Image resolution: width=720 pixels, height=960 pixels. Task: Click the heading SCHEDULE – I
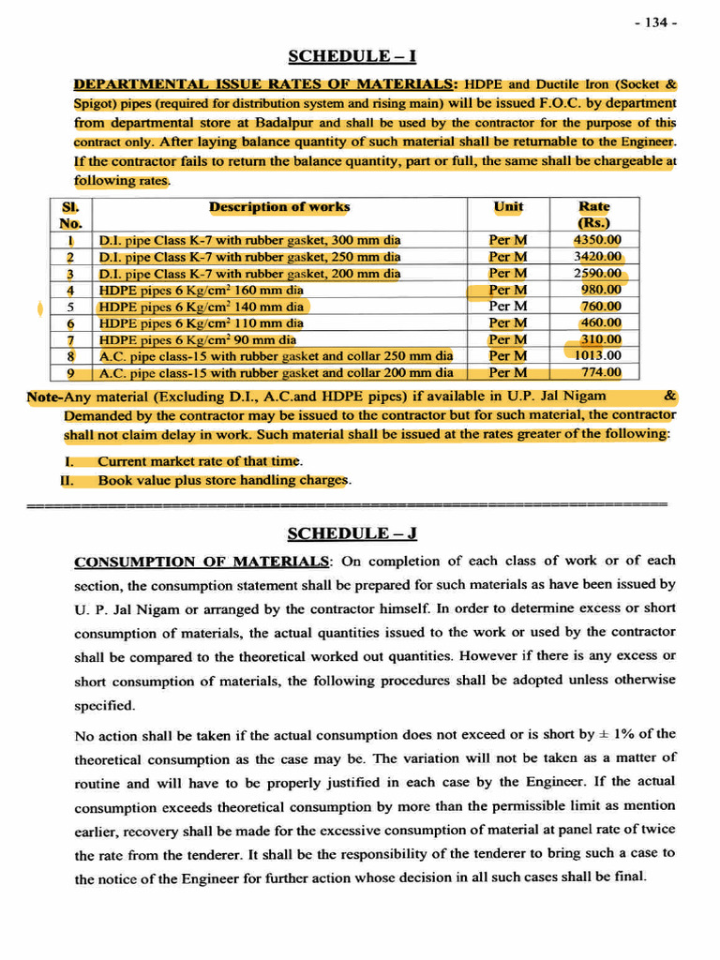(x=352, y=56)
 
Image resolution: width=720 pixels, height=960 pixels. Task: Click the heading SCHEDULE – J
(x=352, y=533)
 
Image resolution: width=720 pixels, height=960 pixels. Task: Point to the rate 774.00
(x=598, y=372)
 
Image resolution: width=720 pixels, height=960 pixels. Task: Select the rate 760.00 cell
(x=600, y=306)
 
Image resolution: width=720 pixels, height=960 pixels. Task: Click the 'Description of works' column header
(x=279, y=206)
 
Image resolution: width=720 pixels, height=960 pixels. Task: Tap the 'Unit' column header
(x=508, y=206)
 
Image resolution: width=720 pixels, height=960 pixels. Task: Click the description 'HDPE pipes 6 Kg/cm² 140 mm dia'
(x=201, y=306)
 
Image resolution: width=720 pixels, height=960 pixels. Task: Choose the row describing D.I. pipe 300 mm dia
(x=249, y=239)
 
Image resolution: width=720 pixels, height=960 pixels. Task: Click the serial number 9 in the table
(x=70, y=372)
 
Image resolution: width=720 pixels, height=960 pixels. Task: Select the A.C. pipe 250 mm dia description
(x=276, y=355)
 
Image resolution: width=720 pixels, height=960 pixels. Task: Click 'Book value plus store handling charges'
(x=223, y=480)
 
